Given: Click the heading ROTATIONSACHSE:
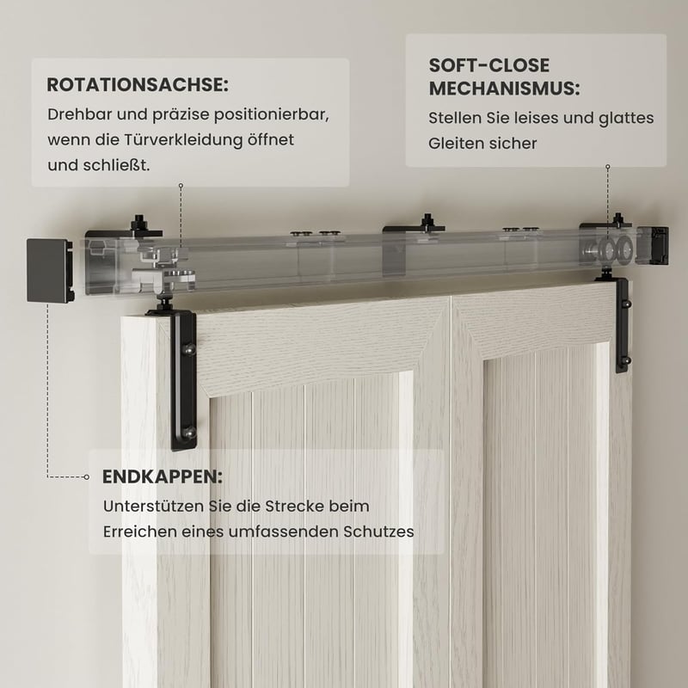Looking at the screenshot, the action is point(138,84).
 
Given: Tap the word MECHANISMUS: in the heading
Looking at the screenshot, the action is point(504,89).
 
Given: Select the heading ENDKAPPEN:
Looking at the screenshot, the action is point(163,476).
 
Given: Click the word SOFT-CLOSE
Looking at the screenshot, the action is point(488,65).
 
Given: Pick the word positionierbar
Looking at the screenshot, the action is point(271,115).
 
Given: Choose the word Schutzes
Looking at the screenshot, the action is point(378,531).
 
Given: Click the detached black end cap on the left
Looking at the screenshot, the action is point(49,270).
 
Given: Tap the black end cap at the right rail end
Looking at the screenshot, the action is point(653,245).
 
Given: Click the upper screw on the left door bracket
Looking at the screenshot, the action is point(188,349).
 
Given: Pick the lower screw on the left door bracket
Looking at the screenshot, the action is point(188,433).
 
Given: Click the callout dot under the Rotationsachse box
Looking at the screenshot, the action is point(181,186).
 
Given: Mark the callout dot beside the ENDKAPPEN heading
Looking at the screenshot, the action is point(87,477).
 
